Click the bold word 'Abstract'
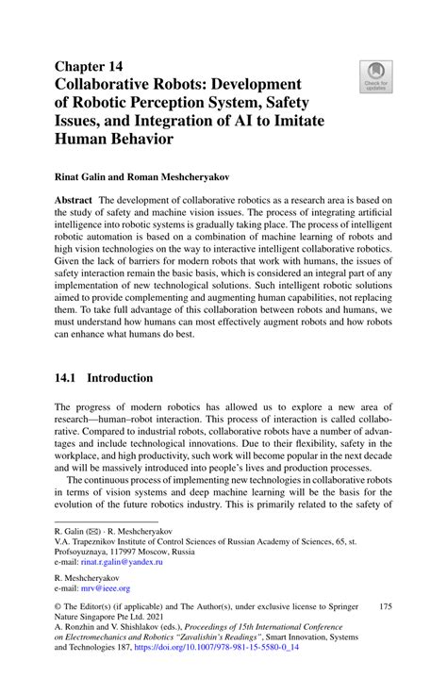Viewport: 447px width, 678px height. [x=75, y=201]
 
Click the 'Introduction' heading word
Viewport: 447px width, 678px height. [x=120, y=378]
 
